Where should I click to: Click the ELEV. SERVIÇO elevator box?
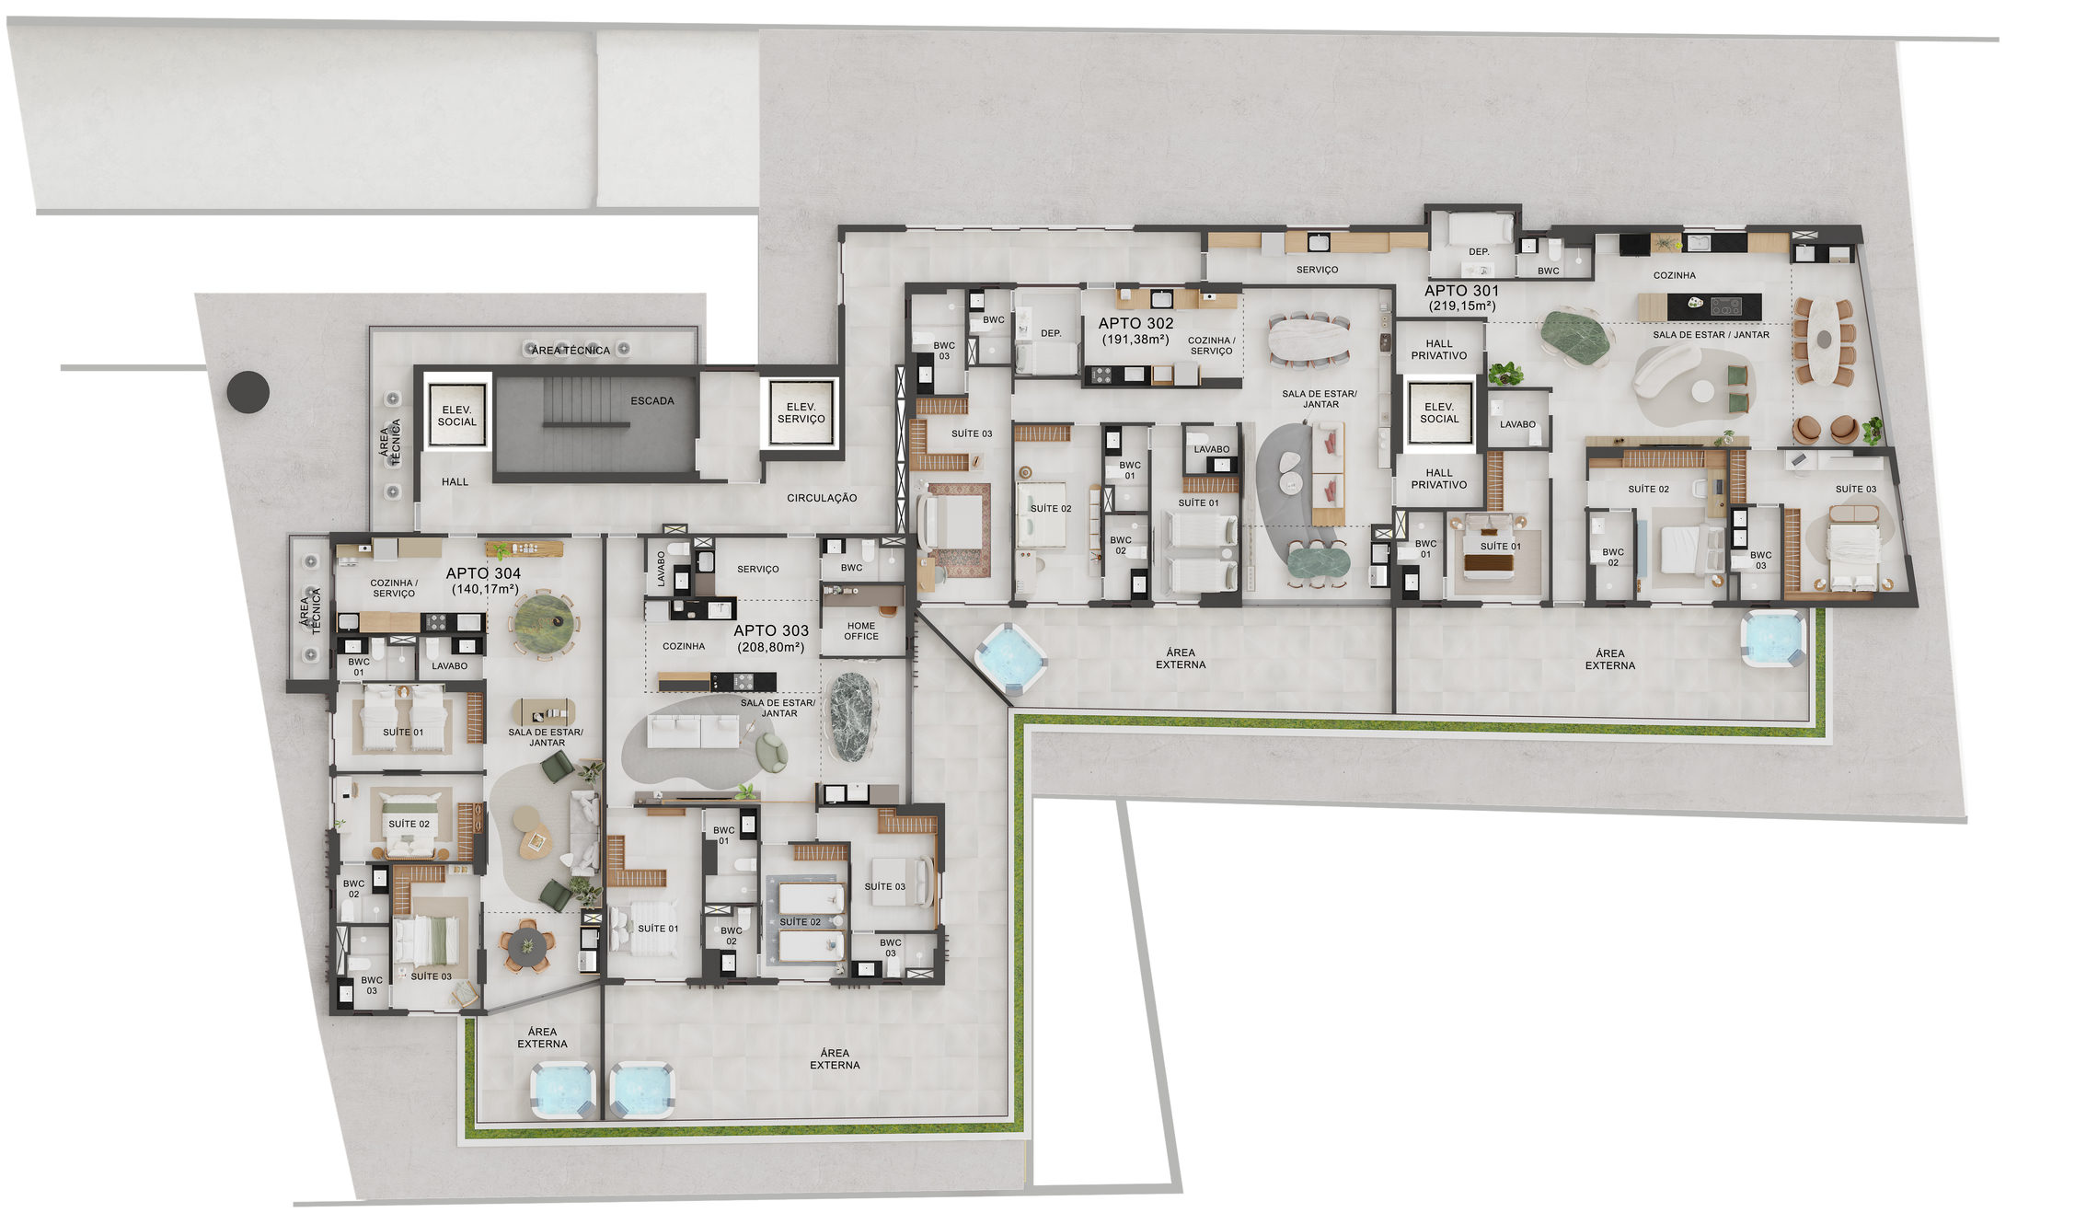click(801, 412)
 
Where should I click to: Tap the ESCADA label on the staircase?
click(652, 401)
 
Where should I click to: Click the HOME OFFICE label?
click(861, 630)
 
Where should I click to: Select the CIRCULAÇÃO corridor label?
click(822, 498)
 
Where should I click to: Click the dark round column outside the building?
click(248, 392)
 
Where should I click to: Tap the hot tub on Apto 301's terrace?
click(1773, 638)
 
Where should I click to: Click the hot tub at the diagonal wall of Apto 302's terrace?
click(1009, 657)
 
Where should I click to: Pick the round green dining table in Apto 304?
click(545, 624)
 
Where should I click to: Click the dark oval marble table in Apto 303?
click(851, 717)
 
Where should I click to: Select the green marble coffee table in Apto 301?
click(1575, 337)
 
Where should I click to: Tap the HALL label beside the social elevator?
click(455, 482)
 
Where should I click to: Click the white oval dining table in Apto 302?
click(1308, 341)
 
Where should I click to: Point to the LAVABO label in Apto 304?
click(450, 666)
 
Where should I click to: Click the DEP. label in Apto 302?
click(1051, 334)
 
